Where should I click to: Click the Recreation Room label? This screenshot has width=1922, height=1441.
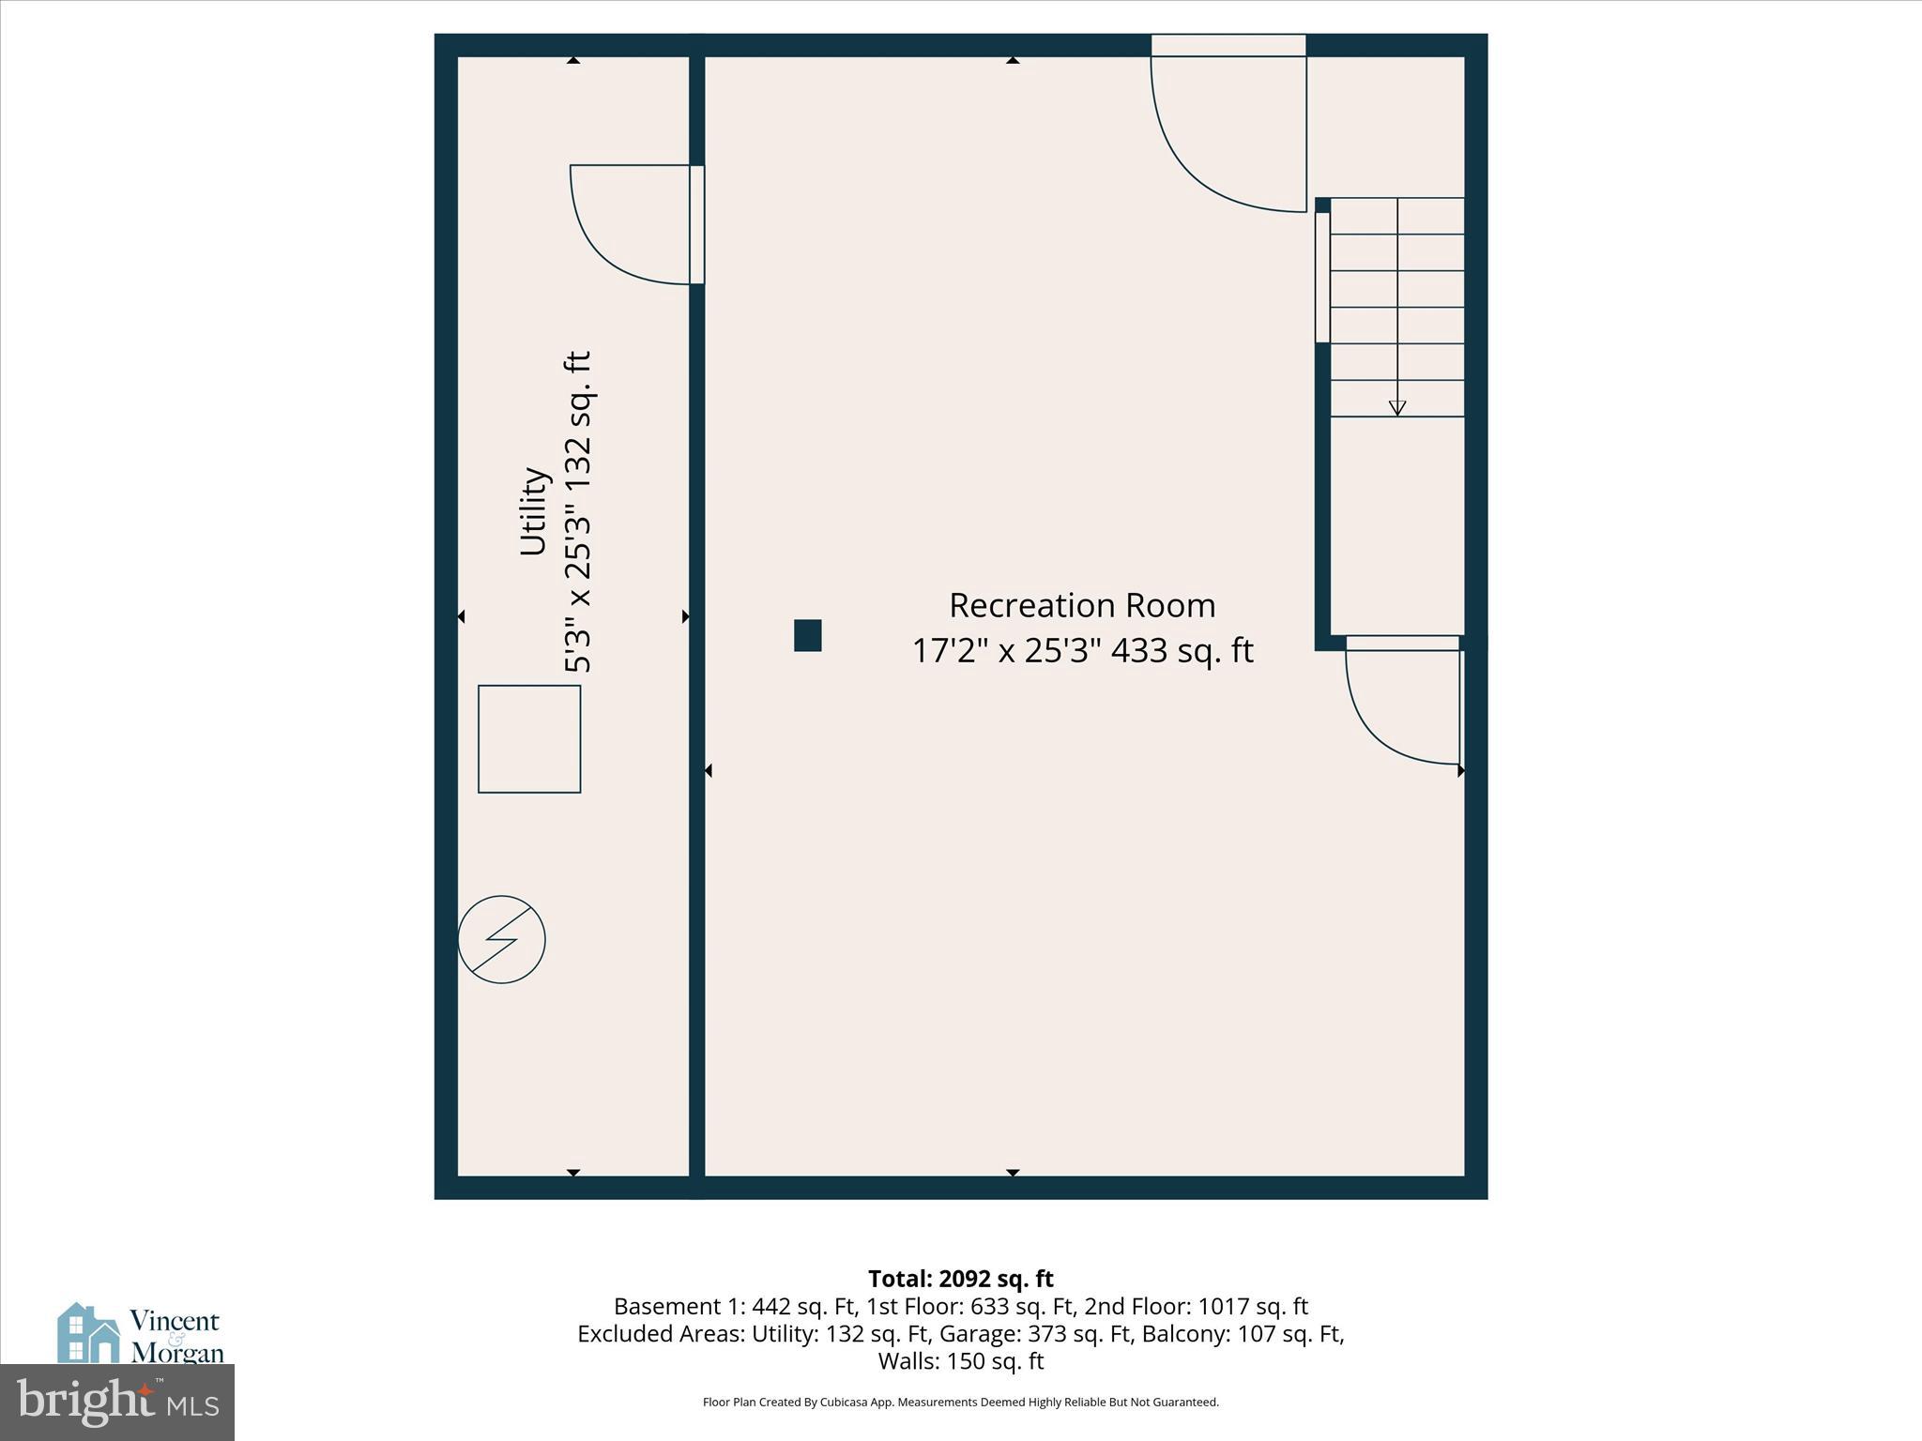[1082, 606]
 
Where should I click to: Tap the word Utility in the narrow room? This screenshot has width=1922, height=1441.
[534, 511]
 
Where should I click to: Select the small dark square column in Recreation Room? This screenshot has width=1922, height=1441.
[807, 635]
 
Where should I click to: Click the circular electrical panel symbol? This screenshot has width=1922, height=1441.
[501, 939]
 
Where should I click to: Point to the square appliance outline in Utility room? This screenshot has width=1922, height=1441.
[529, 739]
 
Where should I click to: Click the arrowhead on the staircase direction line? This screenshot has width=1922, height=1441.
[1397, 408]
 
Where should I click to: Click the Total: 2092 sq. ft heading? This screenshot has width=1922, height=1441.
[960, 1279]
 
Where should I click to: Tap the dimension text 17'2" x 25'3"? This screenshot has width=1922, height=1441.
[1005, 651]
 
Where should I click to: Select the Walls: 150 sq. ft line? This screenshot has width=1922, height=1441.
[960, 1361]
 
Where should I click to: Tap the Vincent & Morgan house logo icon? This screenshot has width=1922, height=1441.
[88, 1333]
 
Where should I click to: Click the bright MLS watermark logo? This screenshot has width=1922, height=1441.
[117, 1403]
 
